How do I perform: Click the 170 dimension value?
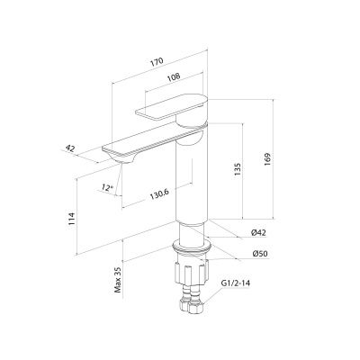click(x=157, y=61)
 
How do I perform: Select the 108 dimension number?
click(x=174, y=76)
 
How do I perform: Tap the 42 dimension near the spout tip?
click(x=70, y=148)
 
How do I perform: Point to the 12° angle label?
click(x=107, y=188)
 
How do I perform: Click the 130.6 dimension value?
click(x=159, y=195)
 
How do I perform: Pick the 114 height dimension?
click(x=71, y=220)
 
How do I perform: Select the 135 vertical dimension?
click(x=238, y=170)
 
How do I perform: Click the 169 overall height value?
click(x=267, y=159)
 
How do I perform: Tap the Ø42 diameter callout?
click(x=258, y=232)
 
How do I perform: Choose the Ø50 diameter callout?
click(x=259, y=254)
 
